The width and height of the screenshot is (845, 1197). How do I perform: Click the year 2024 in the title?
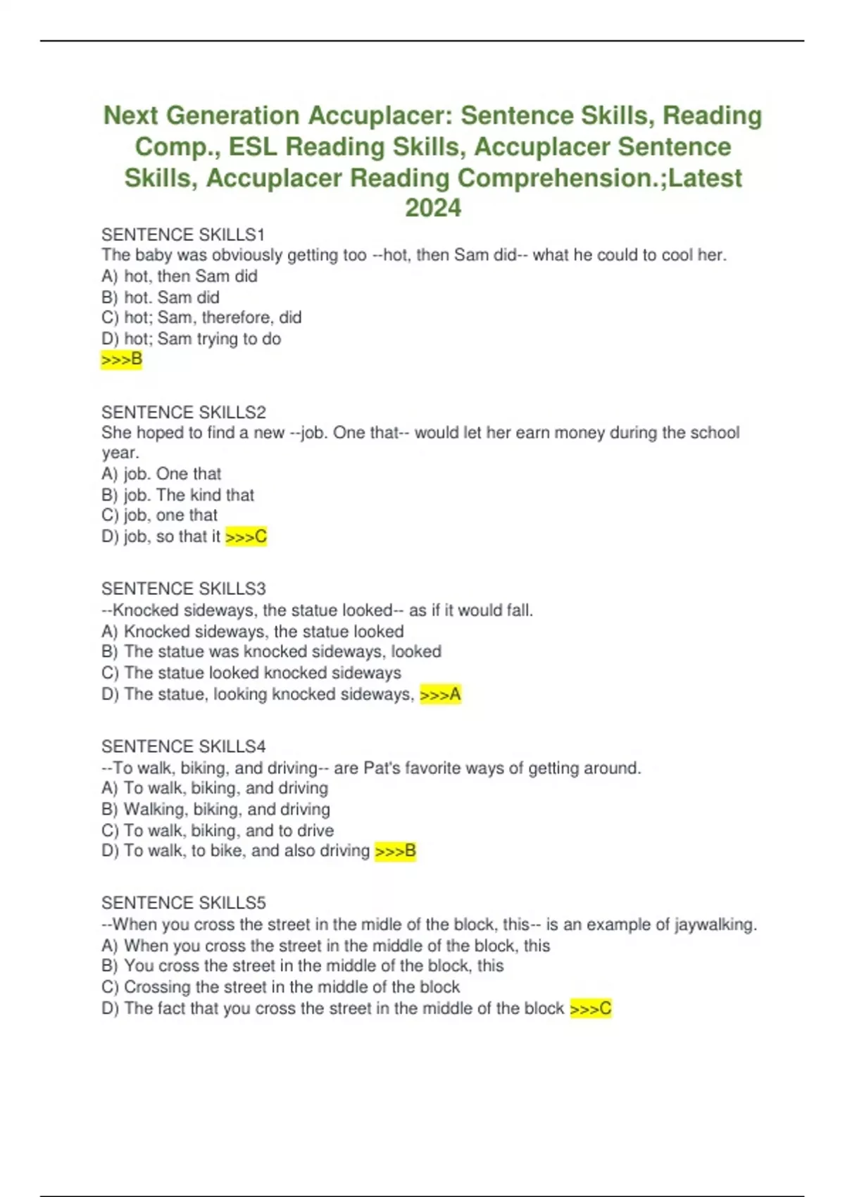click(432, 208)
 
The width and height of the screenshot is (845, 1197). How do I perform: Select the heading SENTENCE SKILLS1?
click(183, 234)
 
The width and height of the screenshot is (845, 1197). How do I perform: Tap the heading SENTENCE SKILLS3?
click(184, 589)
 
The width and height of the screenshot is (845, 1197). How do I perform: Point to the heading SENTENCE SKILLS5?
click(184, 903)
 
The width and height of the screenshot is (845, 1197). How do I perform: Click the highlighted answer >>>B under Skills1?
click(122, 360)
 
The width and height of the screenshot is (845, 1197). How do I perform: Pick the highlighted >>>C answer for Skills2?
click(246, 537)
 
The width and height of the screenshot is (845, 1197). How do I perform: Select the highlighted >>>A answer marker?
click(440, 694)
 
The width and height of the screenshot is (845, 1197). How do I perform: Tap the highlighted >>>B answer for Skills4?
click(395, 851)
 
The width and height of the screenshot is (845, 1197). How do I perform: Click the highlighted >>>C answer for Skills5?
click(590, 1008)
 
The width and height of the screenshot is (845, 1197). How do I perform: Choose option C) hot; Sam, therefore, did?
click(201, 318)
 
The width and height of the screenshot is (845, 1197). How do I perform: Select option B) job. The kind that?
click(177, 495)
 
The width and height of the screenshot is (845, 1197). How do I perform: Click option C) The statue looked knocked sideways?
click(251, 673)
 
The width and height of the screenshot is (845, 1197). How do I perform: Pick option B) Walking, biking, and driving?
click(215, 809)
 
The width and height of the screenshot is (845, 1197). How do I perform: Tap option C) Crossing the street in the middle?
click(280, 987)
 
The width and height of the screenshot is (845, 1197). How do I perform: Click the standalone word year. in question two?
click(120, 453)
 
